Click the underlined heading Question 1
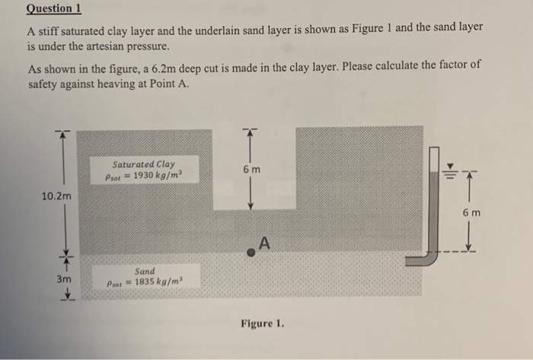point(53,9)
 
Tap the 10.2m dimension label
point(57,196)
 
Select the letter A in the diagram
point(265,243)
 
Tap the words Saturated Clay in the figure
point(143,164)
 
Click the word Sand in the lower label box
point(144,271)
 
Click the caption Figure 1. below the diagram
point(263,323)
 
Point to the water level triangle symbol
point(450,167)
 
